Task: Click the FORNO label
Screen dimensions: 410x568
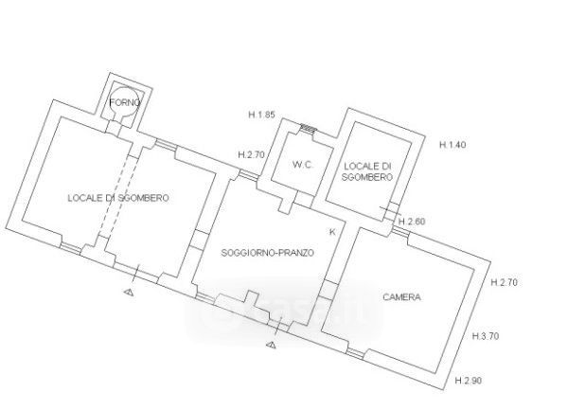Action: [124, 102]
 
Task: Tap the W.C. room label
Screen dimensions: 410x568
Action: [303, 165]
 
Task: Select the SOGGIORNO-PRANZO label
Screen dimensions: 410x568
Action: [266, 253]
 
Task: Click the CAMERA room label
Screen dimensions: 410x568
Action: [401, 297]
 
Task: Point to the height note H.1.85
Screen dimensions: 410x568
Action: [261, 116]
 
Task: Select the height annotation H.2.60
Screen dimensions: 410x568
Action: [413, 222]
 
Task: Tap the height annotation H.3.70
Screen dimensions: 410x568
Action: [487, 336]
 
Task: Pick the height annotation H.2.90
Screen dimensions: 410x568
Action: [469, 380]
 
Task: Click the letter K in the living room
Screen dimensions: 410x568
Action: [332, 232]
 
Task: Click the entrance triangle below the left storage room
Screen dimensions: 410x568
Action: [128, 294]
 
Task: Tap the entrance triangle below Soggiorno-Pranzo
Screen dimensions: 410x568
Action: [272, 345]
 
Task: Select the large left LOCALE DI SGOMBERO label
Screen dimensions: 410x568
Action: [118, 198]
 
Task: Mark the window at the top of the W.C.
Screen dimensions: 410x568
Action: [306, 128]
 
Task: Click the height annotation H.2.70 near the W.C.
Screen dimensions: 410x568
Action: [251, 154]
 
